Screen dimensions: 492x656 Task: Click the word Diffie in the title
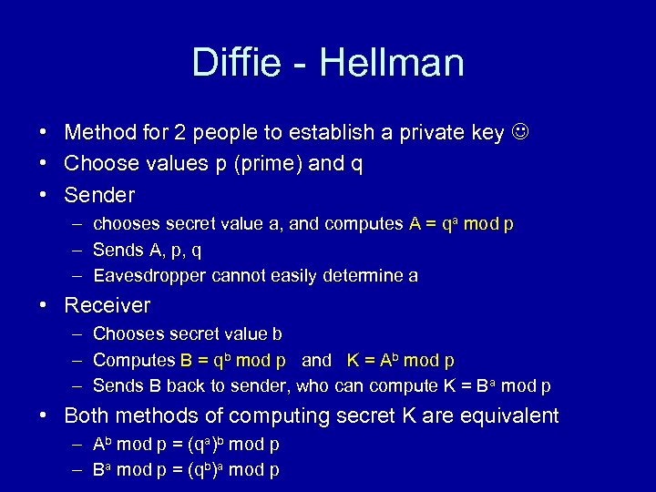coord(236,63)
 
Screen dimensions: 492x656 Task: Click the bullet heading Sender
coord(99,195)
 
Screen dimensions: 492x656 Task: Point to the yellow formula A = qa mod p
coord(461,224)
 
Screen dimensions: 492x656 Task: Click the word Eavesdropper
coord(149,276)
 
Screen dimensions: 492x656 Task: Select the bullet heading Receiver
coord(107,305)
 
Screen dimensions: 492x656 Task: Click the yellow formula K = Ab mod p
coord(401,360)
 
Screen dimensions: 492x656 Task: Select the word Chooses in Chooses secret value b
coord(128,334)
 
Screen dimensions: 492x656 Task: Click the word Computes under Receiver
coord(133,360)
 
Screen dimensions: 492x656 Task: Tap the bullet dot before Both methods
coord(44,416)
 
